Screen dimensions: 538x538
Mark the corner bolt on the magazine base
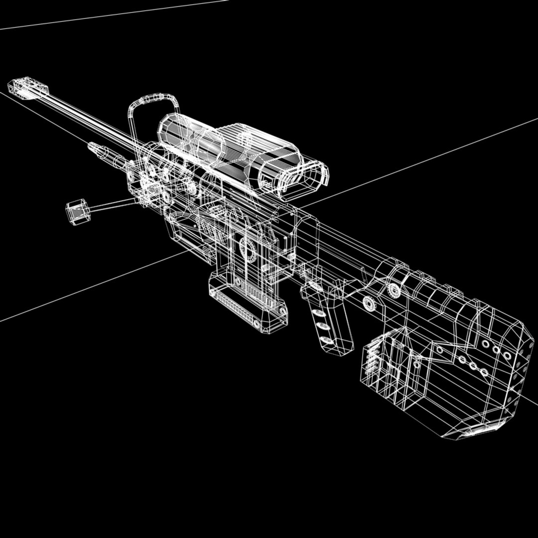[x=282, y=311]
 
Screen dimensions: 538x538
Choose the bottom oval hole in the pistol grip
[x=326, y=340]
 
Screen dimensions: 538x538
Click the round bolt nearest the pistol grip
[x=369, y=302]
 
